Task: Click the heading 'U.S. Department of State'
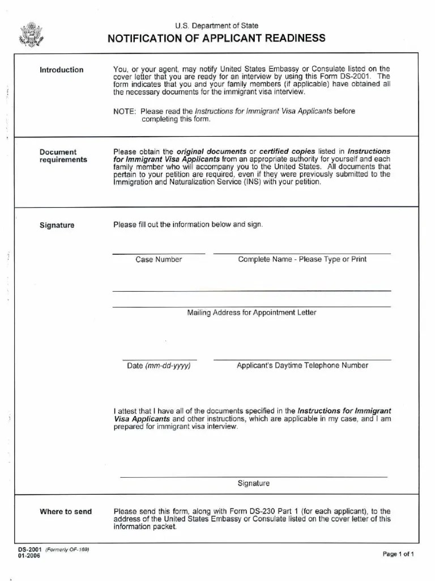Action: [x=216, y=26]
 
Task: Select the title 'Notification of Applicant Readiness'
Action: [x=216, y=39]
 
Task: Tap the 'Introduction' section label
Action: [x=61, y=70]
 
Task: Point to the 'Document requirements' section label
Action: [x=63, y=156]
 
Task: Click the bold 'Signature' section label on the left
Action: [x=57, y=225]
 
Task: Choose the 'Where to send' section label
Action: [x=65, y=512]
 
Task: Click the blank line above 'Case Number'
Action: [x=159, y=253]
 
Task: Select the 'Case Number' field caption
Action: [x=159, y=259]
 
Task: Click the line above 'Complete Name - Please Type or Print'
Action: [x=302, y=253]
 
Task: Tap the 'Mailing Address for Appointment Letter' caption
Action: [x=251, y=313]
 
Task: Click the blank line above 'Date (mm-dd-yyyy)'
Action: [x=159, y=360]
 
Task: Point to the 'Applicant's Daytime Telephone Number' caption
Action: [x=302, y=365]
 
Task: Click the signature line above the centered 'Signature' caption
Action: [x=253, y=477]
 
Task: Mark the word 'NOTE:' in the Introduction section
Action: [x=125, y=111]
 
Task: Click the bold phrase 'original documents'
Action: [x=212, y=152]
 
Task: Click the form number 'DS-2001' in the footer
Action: [x=29, y=550]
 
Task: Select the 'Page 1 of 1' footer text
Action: [x=398, y=554]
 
